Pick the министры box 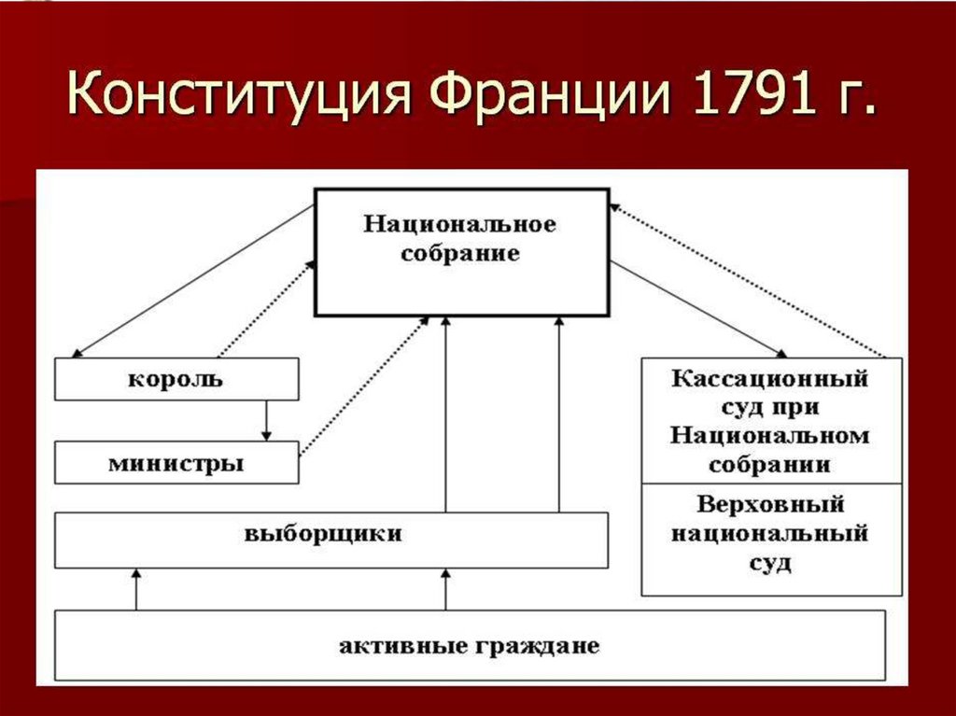pos(176,463)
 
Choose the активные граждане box pos(469,645)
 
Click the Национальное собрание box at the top pos(462,252)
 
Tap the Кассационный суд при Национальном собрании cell pos(771,421)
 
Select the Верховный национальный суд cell pos(771,539)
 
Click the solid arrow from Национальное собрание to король pos(191,282)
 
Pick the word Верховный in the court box pos(771,505)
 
